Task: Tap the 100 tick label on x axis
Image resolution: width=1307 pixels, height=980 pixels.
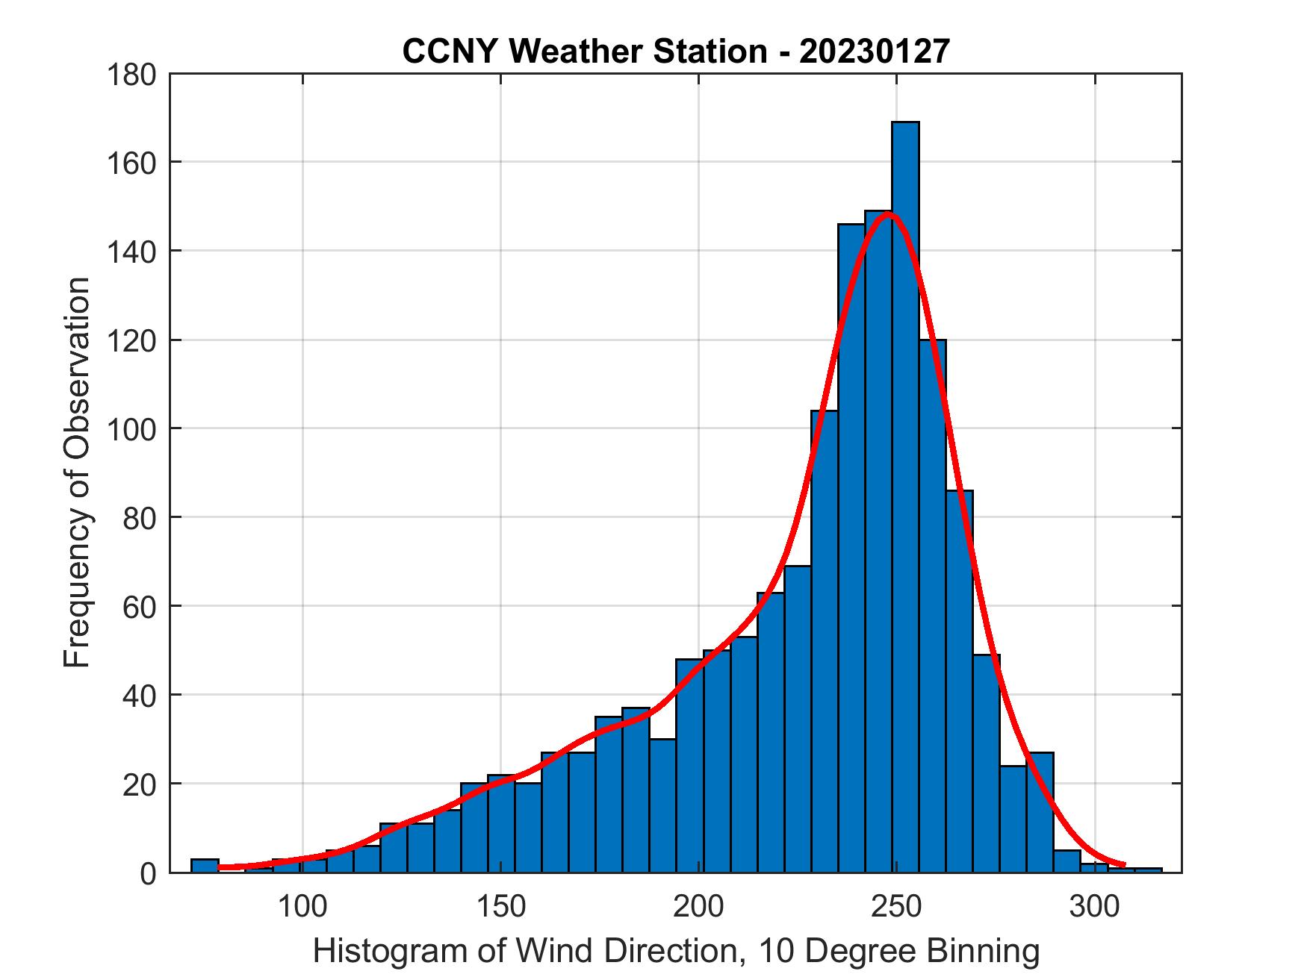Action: click(302, 907)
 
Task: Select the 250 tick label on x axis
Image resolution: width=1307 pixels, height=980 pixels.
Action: click(897, 907)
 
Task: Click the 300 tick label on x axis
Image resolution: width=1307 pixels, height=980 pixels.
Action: click(1095, 907)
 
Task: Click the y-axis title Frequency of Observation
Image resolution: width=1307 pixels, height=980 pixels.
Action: click(77, 472)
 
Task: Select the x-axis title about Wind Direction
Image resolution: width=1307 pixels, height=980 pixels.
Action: click(675, 951)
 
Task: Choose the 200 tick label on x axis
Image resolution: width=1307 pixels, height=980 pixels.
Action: click(699, 907)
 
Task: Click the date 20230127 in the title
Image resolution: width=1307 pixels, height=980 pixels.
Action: click(874, 52)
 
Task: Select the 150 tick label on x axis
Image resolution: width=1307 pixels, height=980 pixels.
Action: click(500, 907)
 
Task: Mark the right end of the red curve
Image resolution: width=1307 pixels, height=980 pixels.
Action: click(1124, 865)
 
